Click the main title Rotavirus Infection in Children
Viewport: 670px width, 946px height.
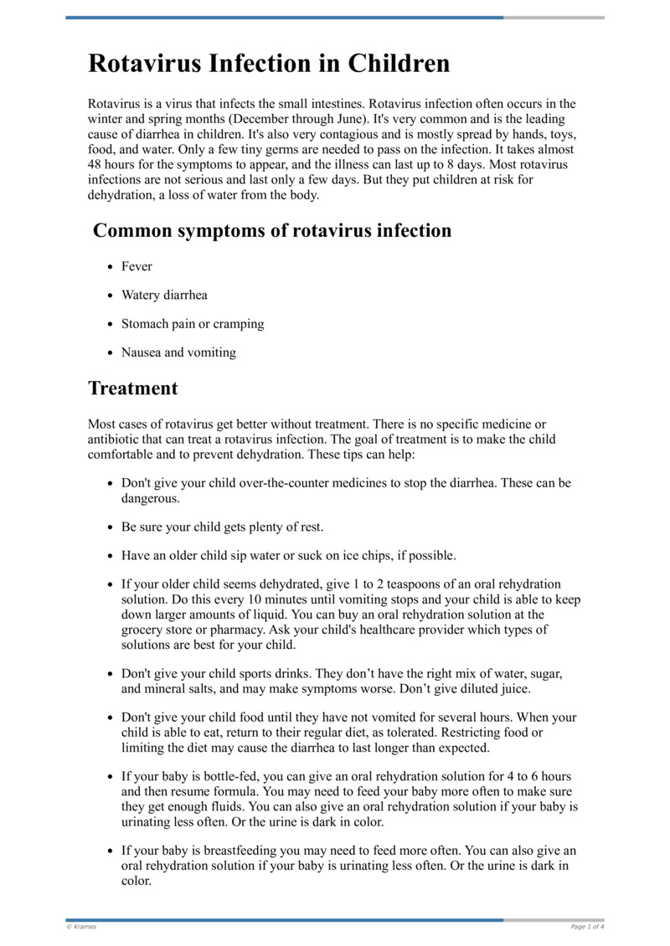click(x=269, y=64)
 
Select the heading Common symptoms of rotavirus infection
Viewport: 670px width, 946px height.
click(x=272, y=231)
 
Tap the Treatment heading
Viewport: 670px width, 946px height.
click(x=133, y=388)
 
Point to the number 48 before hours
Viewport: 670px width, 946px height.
click(x=96, y=165)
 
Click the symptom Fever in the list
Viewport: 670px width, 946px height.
click(x=137, y=266)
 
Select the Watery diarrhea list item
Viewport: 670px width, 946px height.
click(x=164, y=295)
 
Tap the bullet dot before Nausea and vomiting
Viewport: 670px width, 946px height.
click(x=111, y=352)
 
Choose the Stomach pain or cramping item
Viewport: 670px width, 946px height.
click(x=193, y=324)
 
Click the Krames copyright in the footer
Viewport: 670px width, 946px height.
click(x=82, y=927)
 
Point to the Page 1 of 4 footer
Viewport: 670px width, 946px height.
click(x=587, y=927)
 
